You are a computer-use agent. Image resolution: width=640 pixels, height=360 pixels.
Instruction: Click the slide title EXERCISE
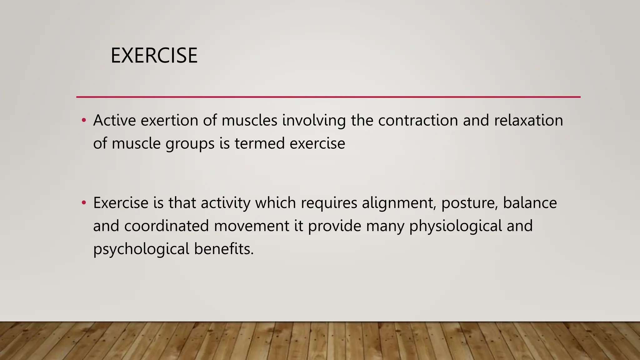click(154, 56)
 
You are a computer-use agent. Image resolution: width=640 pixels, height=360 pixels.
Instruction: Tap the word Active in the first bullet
click(114, 120)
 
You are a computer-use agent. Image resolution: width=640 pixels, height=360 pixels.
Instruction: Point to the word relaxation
click(528, 120)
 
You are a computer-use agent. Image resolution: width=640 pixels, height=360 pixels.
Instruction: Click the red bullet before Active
click(83, 120)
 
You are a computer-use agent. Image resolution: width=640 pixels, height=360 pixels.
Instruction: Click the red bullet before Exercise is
click(83, 203)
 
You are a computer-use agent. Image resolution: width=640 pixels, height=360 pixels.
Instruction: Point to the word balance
click(530, 203)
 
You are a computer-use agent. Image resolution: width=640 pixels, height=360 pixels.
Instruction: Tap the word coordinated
click(166, 226)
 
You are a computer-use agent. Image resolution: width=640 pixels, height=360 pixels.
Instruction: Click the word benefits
click(224, 249)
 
